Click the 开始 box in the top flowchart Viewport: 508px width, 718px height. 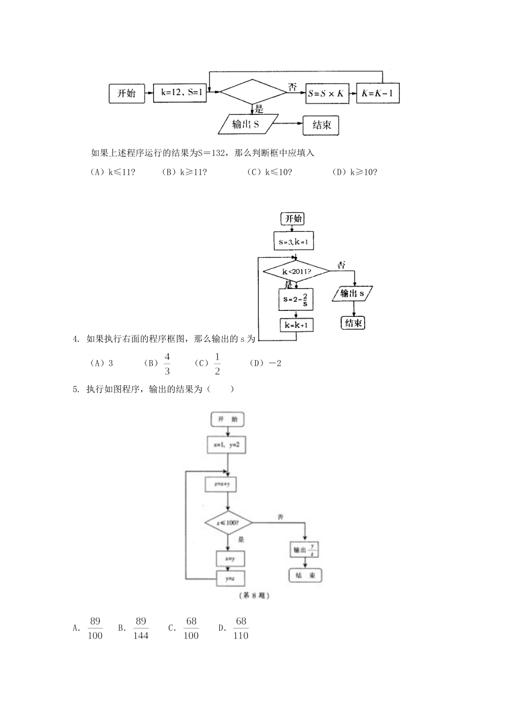127,94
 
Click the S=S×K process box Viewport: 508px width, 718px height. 325,93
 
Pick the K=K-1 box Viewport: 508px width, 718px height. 378,93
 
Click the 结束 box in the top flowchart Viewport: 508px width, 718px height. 321,126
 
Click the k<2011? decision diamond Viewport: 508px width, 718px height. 296,272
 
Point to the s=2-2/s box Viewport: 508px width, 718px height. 296,300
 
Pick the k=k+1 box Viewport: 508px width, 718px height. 296,325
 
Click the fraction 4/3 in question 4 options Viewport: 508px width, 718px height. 167,364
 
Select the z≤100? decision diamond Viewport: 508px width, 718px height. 228,523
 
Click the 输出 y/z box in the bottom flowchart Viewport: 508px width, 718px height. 305,549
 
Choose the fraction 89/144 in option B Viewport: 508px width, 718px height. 141,628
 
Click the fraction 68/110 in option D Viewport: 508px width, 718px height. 241,628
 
